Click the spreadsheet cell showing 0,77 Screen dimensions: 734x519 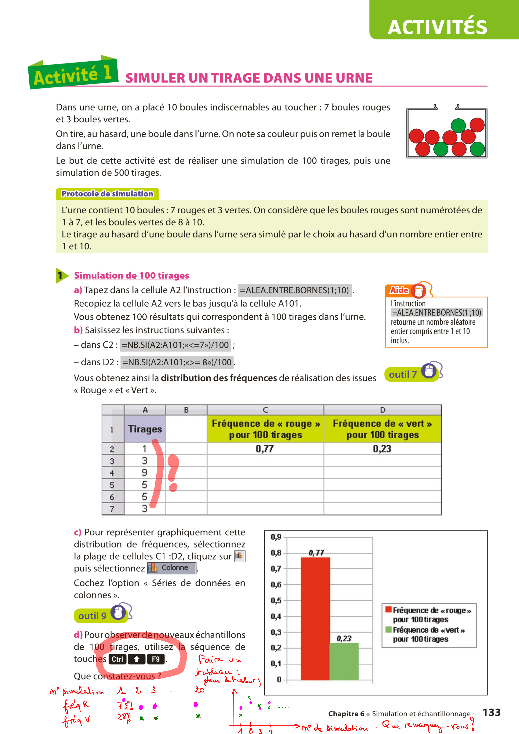(265, 449)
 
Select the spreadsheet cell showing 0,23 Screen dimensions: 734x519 (382, 449)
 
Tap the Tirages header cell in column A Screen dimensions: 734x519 (145, 429)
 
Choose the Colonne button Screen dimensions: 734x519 (172, 568)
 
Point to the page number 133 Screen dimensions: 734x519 (491, 712)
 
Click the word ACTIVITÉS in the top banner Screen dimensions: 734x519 (437, 28)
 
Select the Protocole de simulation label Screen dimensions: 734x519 (107, 194)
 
